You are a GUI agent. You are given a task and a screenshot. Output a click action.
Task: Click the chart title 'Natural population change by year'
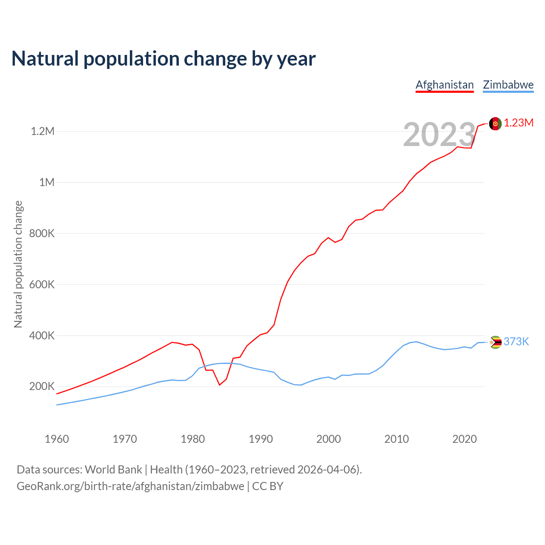[163, 59]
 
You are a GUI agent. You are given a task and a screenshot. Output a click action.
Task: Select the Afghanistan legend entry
[445, 85]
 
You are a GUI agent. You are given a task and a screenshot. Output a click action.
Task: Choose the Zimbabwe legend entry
[508, 85]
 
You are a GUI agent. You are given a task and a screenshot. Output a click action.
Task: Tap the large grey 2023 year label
[439, 135]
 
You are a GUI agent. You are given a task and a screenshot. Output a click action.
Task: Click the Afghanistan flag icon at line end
[495, 123]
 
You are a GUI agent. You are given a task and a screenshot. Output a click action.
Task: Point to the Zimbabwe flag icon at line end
[495, 342]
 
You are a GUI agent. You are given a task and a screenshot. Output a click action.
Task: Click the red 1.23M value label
[519, 123]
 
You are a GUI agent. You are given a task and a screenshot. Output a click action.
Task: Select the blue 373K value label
[516, 341]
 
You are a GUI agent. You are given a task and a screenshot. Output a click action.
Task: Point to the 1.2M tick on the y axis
[43, 131]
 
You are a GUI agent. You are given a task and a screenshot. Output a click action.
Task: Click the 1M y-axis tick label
[47, 182]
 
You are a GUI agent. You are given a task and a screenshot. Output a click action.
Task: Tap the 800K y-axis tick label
[42, 233]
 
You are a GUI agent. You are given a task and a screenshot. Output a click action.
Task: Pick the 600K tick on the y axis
[42, 284]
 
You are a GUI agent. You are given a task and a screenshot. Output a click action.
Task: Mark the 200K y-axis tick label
[42, 387]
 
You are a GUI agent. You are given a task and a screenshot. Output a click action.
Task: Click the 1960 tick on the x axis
[57, 439]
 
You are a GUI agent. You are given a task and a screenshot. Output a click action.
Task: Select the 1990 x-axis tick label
[261, 439]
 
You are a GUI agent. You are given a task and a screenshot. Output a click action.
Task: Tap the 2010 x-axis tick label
[396, 439]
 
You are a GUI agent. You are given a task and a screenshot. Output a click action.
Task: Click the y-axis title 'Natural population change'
[18, 264]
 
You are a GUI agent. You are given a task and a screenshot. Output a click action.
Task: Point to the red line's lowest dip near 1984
[220, 385]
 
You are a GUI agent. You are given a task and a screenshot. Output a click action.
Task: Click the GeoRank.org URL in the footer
[130, 486]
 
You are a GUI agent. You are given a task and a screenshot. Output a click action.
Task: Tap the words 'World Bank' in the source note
[113, 470]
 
